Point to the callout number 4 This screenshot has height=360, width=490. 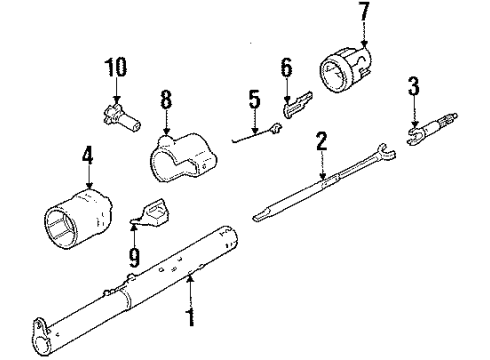click(x=88, y=157)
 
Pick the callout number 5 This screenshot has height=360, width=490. click(x=254, y=99)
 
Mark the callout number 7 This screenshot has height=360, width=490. click(x=364, y=14)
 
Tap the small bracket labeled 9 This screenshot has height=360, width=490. click(x=152, y=214)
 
